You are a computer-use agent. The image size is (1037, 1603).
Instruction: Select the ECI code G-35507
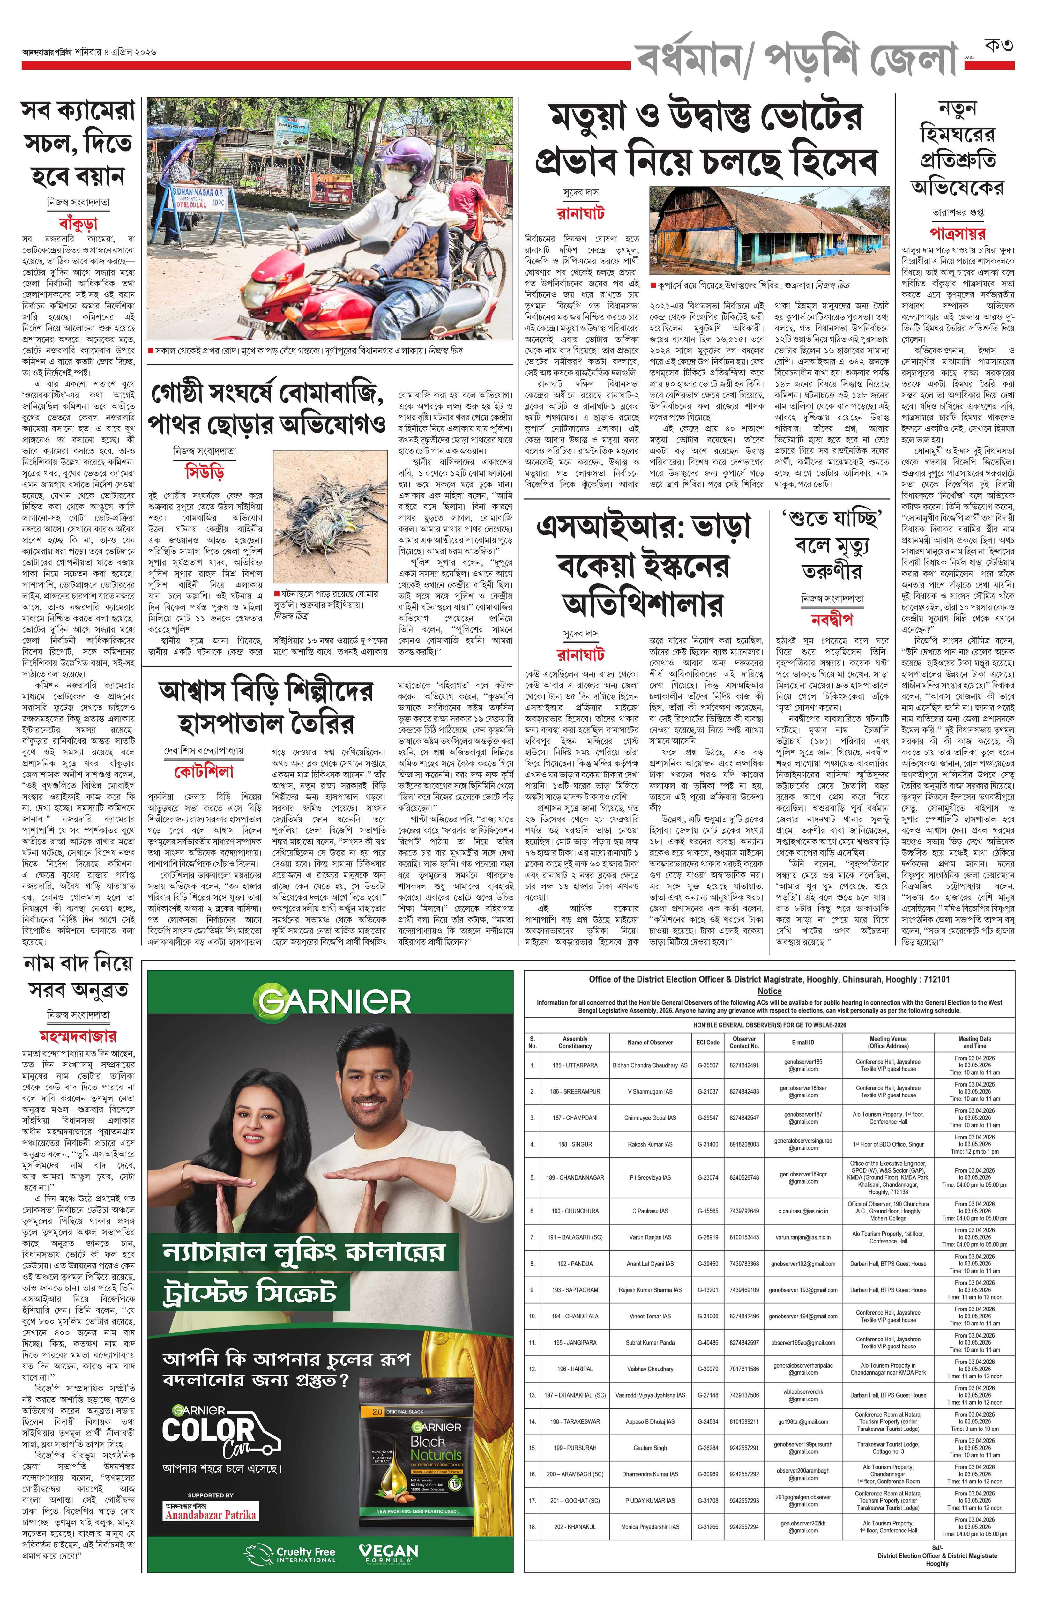tap(707, 1065)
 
